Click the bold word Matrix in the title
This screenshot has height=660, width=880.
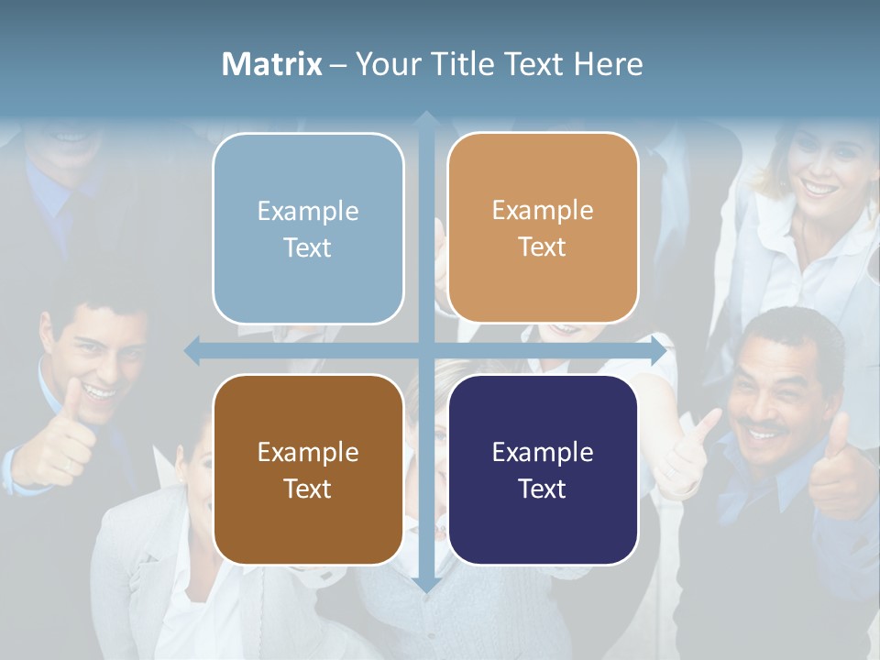point(272,64)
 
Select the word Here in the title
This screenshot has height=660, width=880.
point(609,64)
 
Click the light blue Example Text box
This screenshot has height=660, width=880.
point(308,228)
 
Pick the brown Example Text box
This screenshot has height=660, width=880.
point(308,469)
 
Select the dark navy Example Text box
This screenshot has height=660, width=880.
point(543,469)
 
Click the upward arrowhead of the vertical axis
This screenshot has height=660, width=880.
point(426,120)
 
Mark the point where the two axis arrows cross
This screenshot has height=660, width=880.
point(426,350)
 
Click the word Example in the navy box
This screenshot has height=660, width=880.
point(543,452)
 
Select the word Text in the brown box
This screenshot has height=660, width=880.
point(307,489)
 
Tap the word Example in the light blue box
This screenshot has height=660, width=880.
point(308,211)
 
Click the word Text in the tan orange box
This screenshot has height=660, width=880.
point(543,247)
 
